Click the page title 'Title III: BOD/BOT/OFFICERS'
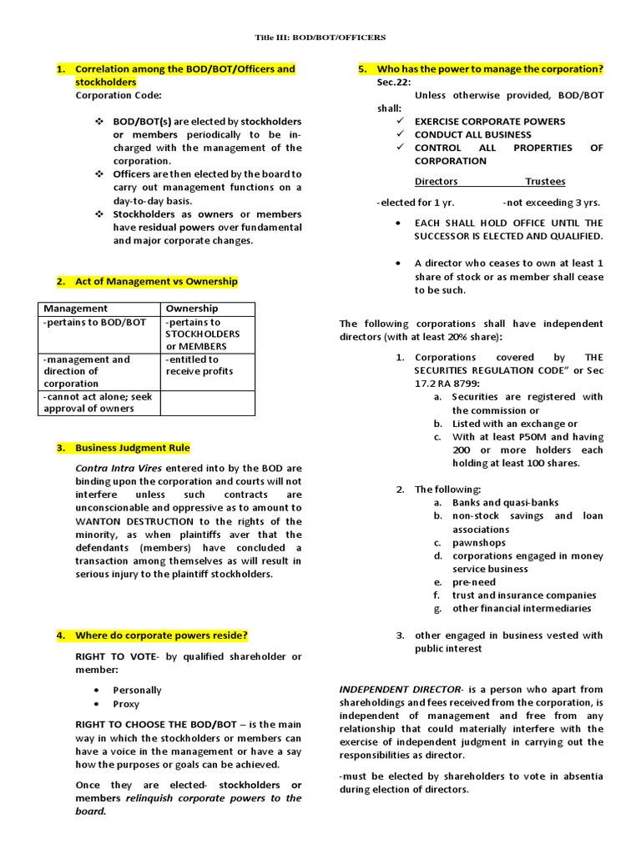[x=320, y=38]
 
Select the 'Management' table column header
[x=75, y=309]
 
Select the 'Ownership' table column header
[x=192, y=309]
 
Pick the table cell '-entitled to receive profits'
[x=199, y=365]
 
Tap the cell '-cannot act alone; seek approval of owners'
[x=97, y=404]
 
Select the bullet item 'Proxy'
[x=126, y=704]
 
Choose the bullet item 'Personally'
[x=137, y=691]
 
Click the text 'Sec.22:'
[x=395, y=83]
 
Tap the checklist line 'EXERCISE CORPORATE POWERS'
[x=490, y=121]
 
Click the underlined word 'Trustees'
[x=545, y=181]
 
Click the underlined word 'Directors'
[x=437, y=181]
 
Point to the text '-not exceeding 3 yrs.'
[x=552, y=203]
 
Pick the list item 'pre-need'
[x=474, y=582]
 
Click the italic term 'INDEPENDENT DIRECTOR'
[x=399, y=690]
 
